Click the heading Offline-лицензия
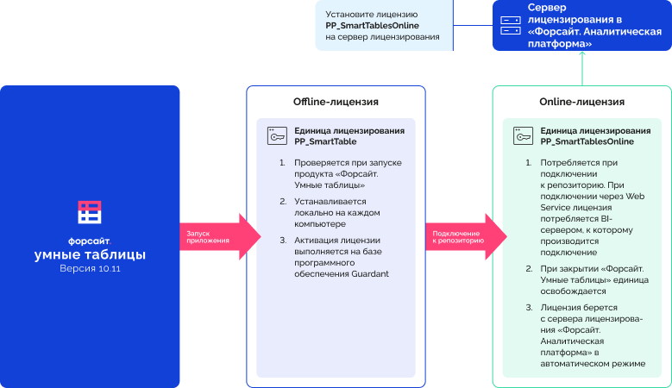pos(336,102)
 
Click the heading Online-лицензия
pos(581,102)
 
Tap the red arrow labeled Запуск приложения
pos(220,237)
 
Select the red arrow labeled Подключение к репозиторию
pos(467,237)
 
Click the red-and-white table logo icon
pos(90,212)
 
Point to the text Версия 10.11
pos(90,268)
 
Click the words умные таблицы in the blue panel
pos(90,254)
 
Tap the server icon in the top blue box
pos(511,25)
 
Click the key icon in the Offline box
pos(277,135)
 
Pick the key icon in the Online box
pos(524,135)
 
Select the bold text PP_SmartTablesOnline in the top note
pos(372,26)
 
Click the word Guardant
pos(370,273)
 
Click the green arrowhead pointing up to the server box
pos(582,54)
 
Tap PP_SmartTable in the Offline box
pos(325,141)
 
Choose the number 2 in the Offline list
pos(283,201)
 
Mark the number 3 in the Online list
pos(529,308)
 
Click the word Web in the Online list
pos(635,196)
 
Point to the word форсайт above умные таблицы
pos(89,241)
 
